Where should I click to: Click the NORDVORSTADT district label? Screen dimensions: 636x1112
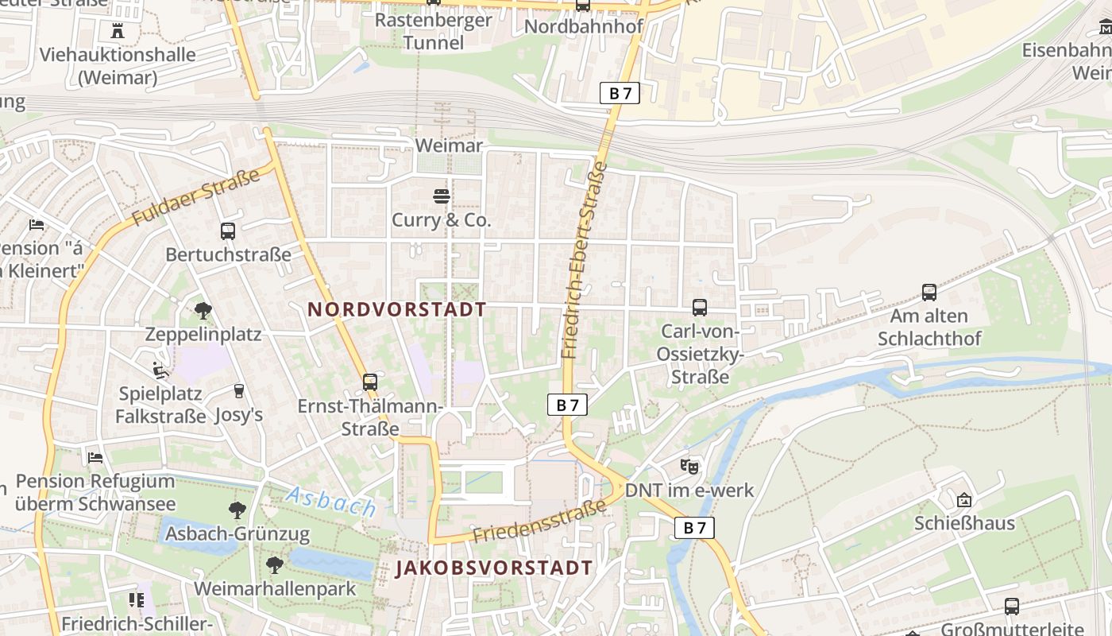pos(397,310)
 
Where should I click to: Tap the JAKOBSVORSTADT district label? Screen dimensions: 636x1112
pos(494,568)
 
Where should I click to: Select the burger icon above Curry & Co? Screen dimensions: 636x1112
pos(442,196)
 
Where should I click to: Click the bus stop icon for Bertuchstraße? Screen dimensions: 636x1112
pos(228,231)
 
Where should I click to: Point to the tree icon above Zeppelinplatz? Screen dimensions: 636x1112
pos(203,311)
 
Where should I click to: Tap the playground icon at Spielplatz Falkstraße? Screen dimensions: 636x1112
pos(160,370)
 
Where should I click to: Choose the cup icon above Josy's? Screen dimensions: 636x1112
pos(238,391)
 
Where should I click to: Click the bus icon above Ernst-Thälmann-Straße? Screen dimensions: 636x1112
pos(369,382)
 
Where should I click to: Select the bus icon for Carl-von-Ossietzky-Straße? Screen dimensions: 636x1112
pos(700,308)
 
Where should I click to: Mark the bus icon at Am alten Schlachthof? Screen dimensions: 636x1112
pos(929,293)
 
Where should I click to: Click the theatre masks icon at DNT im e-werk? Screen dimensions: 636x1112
pos(689,467)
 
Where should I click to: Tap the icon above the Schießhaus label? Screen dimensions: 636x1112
pos(964,500)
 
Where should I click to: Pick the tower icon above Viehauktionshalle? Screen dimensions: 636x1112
pos(118,32)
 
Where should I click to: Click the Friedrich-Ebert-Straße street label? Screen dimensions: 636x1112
pos(584,260)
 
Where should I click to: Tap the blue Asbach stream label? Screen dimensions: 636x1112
pos(330,502)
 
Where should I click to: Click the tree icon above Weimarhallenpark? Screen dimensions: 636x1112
pos(275,565)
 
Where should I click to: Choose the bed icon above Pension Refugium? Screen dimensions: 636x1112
pos(95,458)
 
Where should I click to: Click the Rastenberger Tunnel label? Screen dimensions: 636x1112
pos(433,31)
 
